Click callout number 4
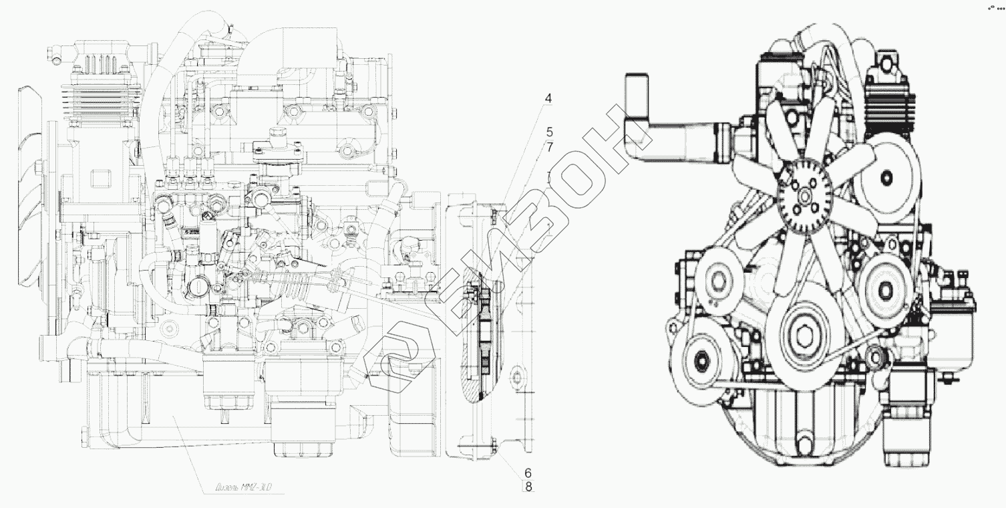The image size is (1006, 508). coord(548,100)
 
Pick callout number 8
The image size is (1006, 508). coord(528,487)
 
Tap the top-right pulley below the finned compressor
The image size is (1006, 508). coord(887,177)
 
